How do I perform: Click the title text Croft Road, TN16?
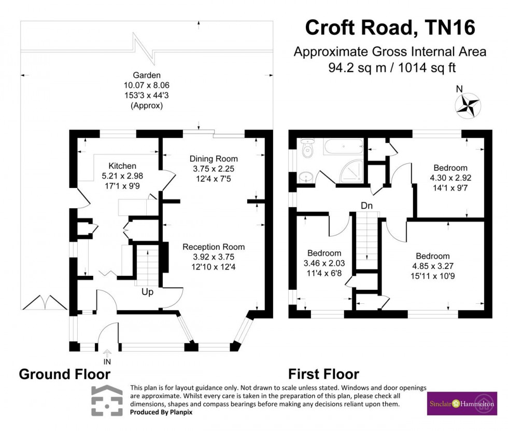[390, 28]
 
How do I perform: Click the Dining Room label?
[214, 159]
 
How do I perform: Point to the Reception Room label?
[213, 247]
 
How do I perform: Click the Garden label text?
[147, 75]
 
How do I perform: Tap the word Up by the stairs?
[148, 292]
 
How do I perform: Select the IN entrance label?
[107, 361]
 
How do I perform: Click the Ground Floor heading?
[64, 374]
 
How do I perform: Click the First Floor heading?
[323, 374]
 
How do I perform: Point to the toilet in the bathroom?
[307, 149]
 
